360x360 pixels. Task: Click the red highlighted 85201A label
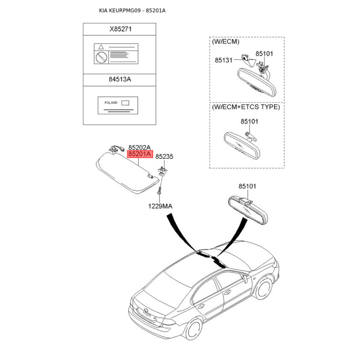pos(140,154)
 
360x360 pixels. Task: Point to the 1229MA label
pos(161,206)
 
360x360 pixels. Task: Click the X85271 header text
pos(121,30)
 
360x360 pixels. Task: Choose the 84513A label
pos(120,79)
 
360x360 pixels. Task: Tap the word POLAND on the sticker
pos(110,103)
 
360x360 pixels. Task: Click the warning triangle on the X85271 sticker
pos(101,47)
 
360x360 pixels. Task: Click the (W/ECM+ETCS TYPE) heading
pos(246,107)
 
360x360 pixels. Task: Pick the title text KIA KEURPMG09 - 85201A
pos(132,10)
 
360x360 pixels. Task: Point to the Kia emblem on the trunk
pos(148,310)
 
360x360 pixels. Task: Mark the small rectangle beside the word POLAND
pos(125,103)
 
